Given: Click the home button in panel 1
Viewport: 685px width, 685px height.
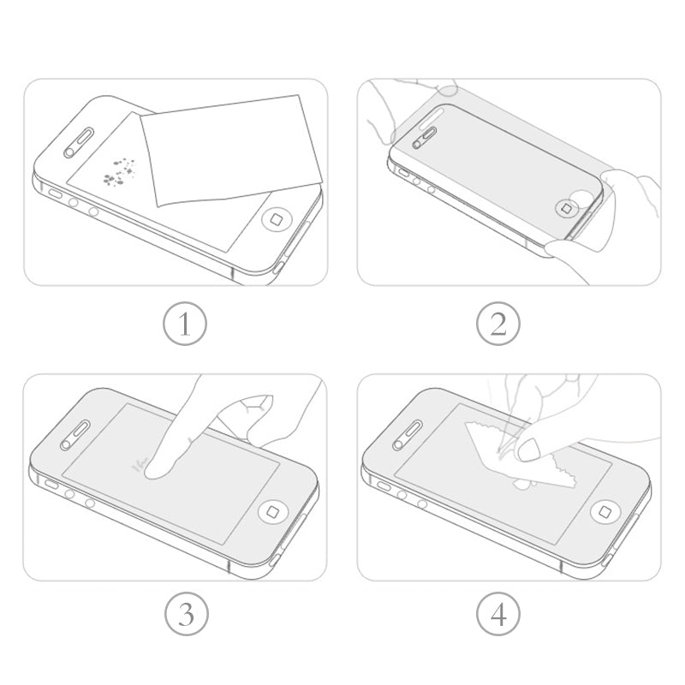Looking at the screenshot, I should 277,220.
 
